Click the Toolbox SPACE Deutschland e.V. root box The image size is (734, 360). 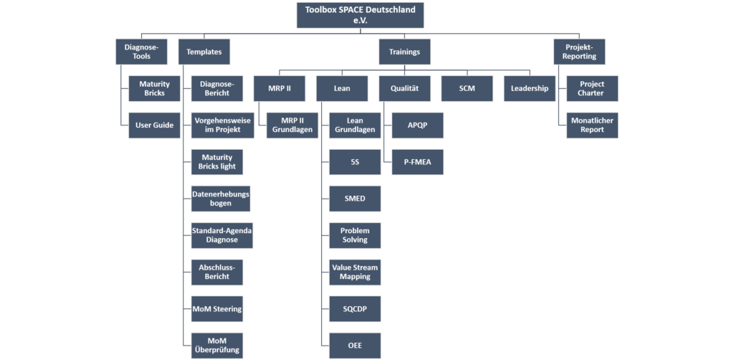point(360,15)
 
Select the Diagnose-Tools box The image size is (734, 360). point(141,52)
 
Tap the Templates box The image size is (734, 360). point(204,52)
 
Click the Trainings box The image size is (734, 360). point(404,52)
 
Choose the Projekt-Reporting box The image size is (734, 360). point(579,52)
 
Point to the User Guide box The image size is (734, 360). point(155,125)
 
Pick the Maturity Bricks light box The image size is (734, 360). point(216,162)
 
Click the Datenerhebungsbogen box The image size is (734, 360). point(221,199)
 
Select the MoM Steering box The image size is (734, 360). point(216,309)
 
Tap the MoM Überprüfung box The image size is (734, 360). point(216,346)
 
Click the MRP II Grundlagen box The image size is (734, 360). point(292,125)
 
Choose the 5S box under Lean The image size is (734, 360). point(355,162)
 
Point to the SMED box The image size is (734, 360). point(355,199)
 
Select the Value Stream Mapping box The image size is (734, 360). point(355,272)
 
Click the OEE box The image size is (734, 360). point(355,346)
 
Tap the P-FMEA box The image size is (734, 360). point(418,162)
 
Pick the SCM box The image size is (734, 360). point(467,88)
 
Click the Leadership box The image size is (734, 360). point(530,88)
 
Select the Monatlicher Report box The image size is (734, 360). point(592,125)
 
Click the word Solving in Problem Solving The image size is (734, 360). point(355,240)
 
